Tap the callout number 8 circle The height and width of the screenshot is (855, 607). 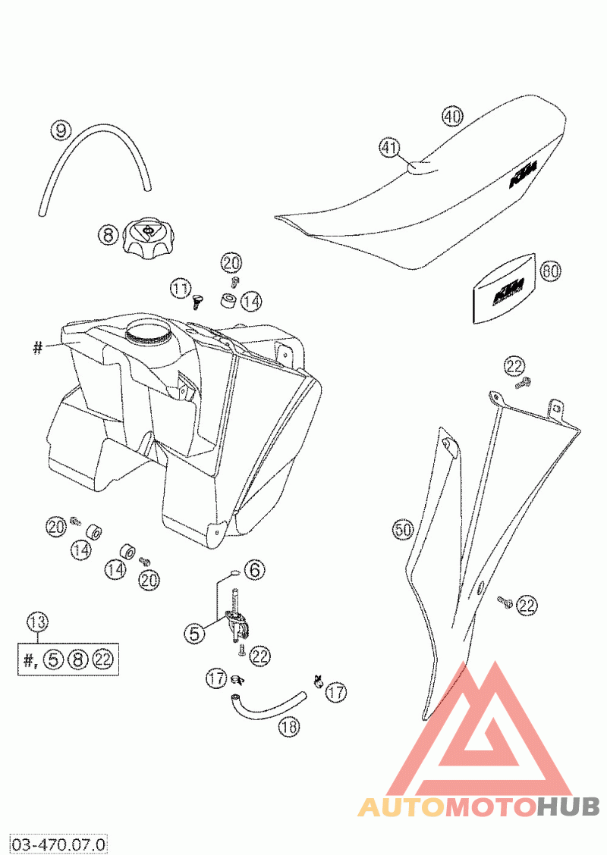[x=108, y=235]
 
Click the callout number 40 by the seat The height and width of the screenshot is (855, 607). [x=451, y=117]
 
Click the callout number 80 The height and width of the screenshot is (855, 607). [x=550, y=271]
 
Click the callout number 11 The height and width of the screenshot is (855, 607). [x=180, y=288]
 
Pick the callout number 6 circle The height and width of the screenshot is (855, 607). [x=255, y=568]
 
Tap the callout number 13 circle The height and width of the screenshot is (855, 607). [x=36, y=622]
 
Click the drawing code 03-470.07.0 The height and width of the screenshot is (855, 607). [x=58, y=842]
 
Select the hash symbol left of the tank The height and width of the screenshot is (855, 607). [x=37, y=348]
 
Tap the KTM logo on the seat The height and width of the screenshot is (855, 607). [x=523, y=173]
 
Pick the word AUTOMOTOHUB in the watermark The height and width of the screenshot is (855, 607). [x=478, y=806]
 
